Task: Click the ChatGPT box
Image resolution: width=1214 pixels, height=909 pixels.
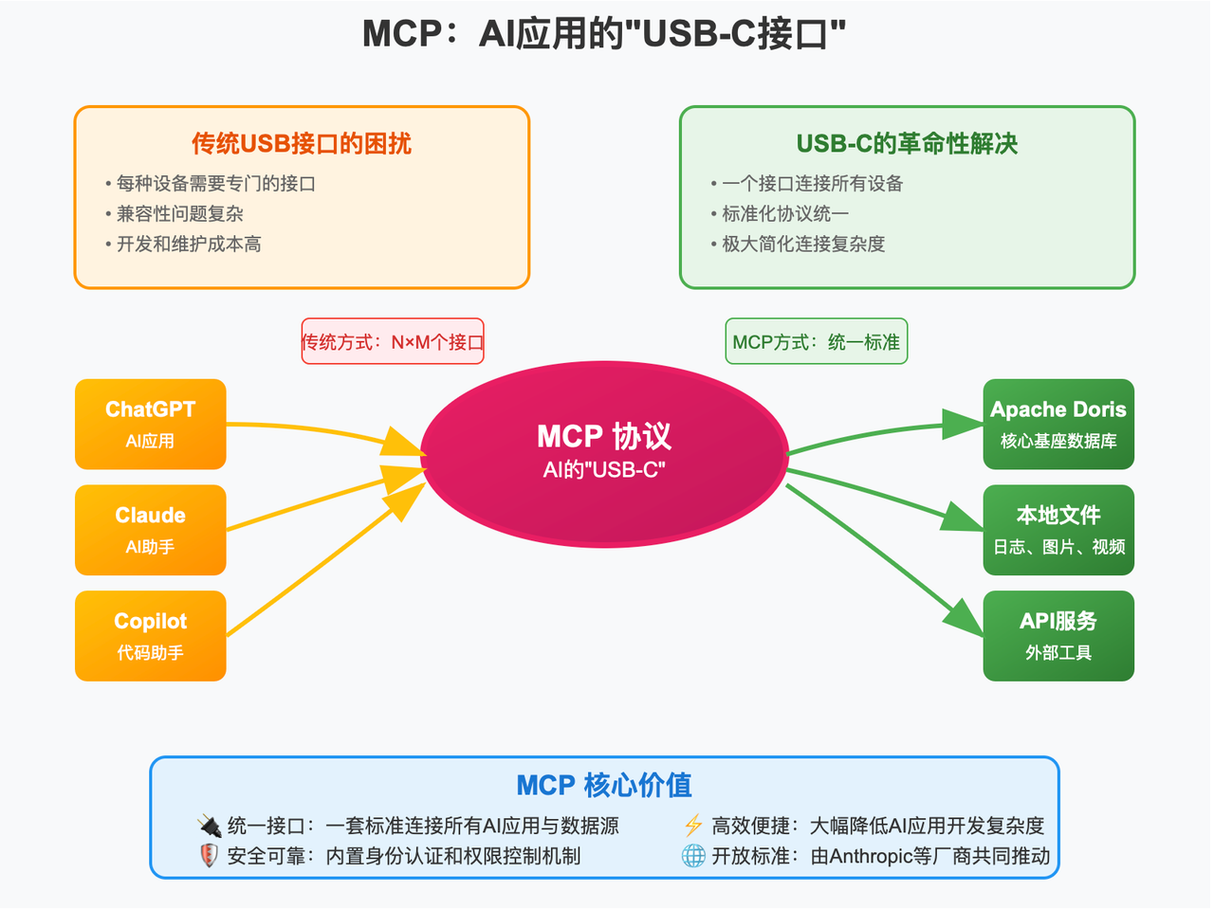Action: point(150,424)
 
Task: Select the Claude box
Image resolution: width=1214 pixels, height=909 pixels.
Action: point(150,530)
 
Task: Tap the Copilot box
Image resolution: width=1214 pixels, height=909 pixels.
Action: point(150,636)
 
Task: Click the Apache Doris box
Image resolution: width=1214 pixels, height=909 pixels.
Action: point(1058,424)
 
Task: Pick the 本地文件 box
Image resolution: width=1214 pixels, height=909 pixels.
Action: point(1058,530)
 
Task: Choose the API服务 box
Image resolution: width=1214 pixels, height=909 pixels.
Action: point(1058,636)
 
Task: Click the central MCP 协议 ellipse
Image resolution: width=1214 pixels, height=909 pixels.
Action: point(604,453)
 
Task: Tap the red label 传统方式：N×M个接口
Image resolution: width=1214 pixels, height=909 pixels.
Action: point(393,341)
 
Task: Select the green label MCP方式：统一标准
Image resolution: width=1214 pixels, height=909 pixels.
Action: point(816,341)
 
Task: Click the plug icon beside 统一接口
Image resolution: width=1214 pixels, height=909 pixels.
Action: point(210,826)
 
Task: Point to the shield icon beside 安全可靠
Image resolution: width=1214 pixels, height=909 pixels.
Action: point(209,856)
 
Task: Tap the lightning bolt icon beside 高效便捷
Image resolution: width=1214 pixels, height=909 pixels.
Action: point(693,826)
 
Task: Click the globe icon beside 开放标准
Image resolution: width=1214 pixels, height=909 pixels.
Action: point(693,856)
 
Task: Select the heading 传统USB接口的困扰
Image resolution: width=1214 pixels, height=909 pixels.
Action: point(302,143)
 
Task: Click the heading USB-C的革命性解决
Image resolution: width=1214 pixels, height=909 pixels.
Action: point(907,143)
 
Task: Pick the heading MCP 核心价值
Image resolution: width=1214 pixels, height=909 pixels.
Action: point(604,785)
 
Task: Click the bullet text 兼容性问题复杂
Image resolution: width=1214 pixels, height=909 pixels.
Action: point(180,213)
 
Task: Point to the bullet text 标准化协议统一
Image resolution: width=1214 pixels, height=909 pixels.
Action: point(785,213)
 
